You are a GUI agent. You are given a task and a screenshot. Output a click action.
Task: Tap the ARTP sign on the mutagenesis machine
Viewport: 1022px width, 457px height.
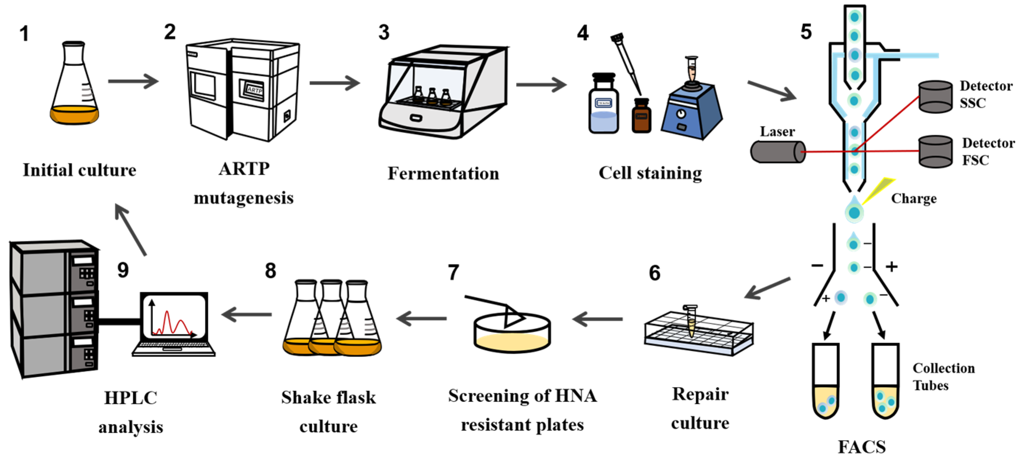pos(254,90)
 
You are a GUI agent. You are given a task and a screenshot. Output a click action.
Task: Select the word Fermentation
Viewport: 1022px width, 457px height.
pos(443,174)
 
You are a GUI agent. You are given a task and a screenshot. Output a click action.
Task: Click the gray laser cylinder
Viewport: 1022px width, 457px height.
pos(777,152)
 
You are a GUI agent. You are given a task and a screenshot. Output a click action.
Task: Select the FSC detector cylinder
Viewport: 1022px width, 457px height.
pos(935,151)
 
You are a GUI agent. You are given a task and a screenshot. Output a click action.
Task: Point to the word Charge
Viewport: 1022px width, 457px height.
pos(914,198)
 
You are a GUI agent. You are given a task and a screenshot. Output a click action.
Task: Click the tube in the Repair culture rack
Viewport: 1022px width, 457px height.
pos(691,321)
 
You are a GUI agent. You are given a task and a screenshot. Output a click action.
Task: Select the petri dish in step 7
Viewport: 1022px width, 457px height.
pos(512,333)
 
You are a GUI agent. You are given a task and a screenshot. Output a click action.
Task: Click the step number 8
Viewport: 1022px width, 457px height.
pos(270,271)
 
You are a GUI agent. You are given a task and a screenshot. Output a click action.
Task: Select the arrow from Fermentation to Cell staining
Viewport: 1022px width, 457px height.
pos(541,85)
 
